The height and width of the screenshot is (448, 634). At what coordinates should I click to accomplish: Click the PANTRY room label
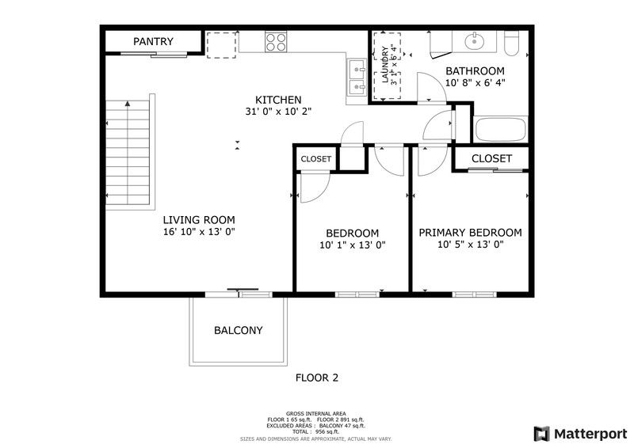[153, 41]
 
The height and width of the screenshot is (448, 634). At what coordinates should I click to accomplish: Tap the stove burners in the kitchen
[276, 42]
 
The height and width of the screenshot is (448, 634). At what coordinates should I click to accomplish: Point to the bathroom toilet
[510, 43]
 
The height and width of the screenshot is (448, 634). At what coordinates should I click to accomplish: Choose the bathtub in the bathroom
[501, 130]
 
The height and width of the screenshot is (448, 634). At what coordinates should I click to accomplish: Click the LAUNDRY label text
[386, 66]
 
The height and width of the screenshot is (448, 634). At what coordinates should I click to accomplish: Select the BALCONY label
[238, 330]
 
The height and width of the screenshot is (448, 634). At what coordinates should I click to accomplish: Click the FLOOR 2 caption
[316, 378]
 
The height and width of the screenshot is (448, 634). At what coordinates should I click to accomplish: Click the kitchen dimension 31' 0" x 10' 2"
[277, 112]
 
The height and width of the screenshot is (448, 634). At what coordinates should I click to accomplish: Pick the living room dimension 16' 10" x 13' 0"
[199, 232]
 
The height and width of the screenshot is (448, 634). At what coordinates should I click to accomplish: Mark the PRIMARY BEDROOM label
[470, 232]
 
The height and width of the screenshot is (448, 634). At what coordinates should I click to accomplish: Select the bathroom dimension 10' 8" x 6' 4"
[475, 82]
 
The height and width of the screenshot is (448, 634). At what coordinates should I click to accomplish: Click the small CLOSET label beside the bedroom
[316, 159]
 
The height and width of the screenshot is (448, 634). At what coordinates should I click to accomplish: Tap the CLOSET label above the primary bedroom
[491, 158]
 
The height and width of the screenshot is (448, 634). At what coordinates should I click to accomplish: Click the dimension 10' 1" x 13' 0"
[352, 245]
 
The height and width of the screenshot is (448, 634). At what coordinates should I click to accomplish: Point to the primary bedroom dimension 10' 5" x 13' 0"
[470, 245]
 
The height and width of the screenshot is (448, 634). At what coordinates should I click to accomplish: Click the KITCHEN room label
[277, 99]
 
